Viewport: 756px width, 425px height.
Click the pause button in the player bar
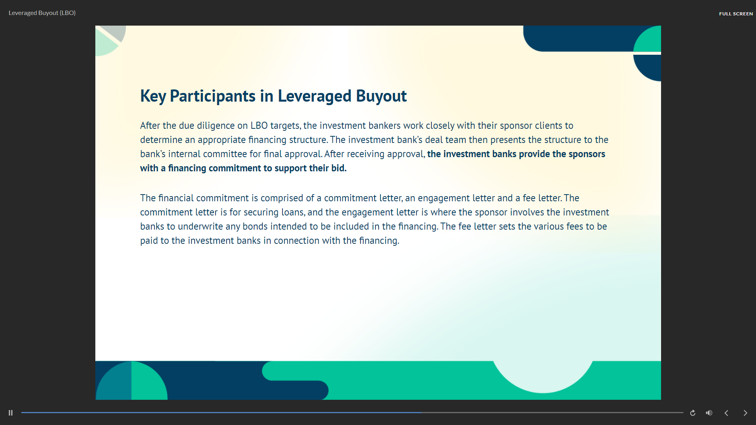pos(11,413)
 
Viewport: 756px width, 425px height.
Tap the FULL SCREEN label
pos(736,13)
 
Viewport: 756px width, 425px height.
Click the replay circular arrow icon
pos(693,413)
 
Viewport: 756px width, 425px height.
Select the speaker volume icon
pos(709,413)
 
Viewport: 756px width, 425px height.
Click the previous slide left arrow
pos(726,413)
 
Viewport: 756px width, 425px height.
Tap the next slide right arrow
pos(745,413)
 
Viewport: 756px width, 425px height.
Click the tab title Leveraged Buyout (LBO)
pos(42,13)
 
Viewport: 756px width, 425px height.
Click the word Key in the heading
pos(153,96)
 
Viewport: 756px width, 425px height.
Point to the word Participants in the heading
pos(213,96)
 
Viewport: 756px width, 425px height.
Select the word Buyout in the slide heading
pos(381,96)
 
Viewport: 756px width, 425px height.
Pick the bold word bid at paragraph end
pos(338,168)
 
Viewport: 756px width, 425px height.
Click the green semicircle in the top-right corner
pos(647,39)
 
